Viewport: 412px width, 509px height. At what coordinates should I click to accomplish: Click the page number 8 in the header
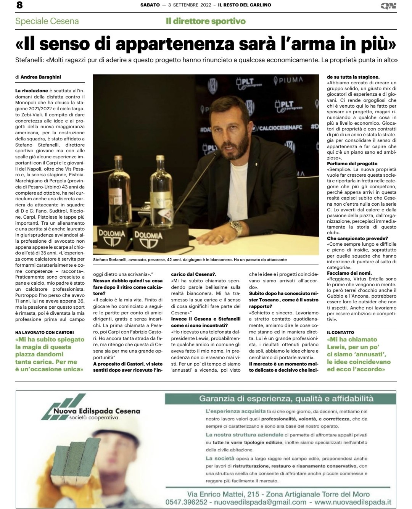point(19,5)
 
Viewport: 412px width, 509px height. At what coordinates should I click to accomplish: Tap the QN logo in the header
point(388,5)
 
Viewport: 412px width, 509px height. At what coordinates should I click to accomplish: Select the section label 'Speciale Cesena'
point(47,21)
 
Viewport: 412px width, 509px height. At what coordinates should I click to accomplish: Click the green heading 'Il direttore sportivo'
point(206,21)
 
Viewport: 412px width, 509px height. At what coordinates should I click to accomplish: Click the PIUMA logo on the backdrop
point(288,80)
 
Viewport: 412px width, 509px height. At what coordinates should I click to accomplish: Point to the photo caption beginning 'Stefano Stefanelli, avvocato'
point(190,260)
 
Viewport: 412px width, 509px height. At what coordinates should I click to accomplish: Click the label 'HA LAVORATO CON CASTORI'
point(45,332)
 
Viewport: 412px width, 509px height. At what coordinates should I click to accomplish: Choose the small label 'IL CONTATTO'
point(341,332)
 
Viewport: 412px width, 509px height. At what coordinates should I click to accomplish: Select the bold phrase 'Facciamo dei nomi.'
point(349,273)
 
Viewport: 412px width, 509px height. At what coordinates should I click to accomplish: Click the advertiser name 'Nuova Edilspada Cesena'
point(97,411)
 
